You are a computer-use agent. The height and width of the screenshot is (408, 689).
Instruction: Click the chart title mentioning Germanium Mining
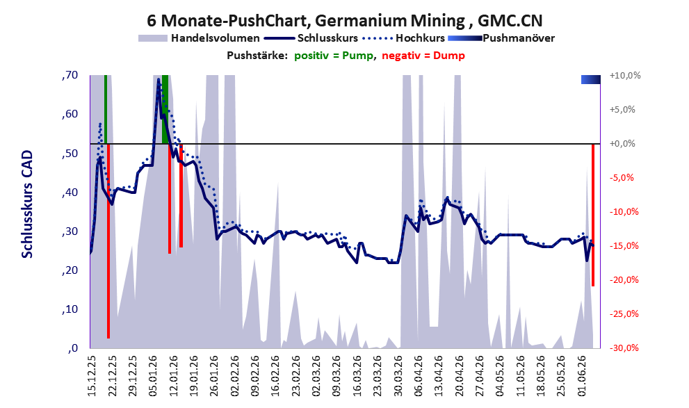click(x=345, y=20)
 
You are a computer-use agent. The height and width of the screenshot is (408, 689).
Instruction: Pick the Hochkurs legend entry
click(x=404, y=38)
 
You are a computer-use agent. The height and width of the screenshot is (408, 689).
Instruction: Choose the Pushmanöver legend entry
click(x=501, y=38)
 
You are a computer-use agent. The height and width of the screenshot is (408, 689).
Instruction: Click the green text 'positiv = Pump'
click(x=334, y=56)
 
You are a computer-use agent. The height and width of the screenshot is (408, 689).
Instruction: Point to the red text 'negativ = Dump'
click(x=423, y=56)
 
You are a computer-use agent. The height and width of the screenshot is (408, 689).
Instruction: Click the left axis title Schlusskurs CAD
click(x=27, y=204)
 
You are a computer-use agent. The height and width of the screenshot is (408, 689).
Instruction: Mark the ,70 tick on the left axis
click(x=70, y=75)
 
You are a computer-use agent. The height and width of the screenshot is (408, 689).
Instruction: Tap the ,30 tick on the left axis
click(x=70, y=231)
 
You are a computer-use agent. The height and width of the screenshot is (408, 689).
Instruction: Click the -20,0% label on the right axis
click(x=624, y=279)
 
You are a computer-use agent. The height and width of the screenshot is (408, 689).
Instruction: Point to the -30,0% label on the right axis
click(x=624, y=348)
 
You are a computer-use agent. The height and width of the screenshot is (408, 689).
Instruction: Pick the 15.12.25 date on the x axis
click(x=91, y=376)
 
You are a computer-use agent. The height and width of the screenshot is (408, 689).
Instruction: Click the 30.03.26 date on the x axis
click(x=398, y=376)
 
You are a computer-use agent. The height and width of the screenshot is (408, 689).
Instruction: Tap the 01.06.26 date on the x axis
click(x=582, y=376)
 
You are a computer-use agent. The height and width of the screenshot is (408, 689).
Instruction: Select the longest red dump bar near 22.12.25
click(x=108, y=240)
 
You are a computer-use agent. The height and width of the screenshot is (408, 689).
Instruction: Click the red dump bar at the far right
click(x=593, y=215)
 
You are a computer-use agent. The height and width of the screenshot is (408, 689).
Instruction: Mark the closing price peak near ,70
click(x=159, y=79)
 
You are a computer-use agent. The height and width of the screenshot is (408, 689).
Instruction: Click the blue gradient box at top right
click(x=590, y=79)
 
